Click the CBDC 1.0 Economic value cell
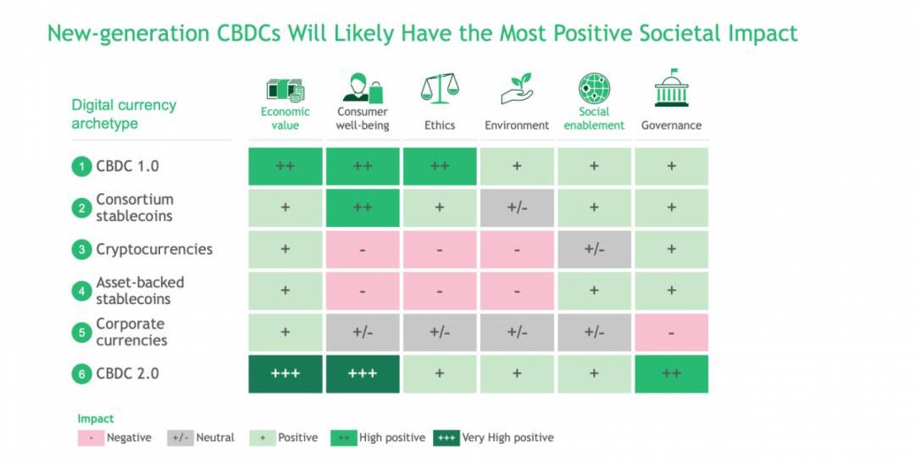285,166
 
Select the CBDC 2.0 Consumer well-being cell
362,373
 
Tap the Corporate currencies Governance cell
671,333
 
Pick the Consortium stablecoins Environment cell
517,207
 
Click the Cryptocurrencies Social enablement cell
594,249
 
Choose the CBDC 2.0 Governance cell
671,373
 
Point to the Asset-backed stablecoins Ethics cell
440,290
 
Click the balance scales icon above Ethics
440,89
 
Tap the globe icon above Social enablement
594,89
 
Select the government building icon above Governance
671,88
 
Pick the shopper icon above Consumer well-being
363,89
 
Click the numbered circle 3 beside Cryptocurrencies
81,250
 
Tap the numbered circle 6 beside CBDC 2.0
81,374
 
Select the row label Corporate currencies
131,332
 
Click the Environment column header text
517,125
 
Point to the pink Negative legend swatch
90,438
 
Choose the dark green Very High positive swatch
446,438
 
